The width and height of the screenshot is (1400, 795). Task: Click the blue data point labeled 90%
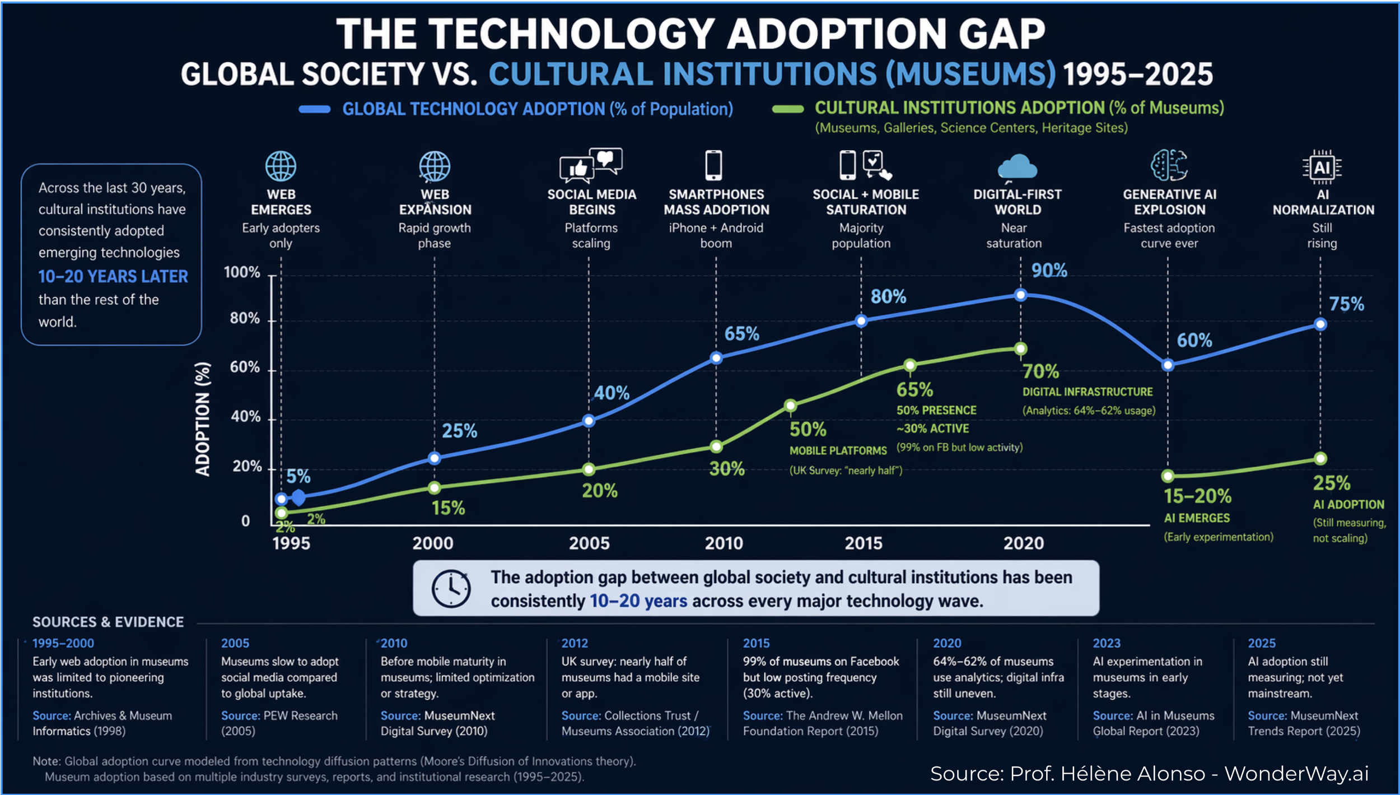pos(1020,295)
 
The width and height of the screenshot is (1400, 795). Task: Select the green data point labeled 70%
pos(1020,349)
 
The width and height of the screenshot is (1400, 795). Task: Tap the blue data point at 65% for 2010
pos(716,358)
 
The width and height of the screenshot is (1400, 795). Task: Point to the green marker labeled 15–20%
pos(1168,476)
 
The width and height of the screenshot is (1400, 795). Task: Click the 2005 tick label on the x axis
pos(589,543)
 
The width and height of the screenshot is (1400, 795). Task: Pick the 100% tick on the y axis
pos(242,272)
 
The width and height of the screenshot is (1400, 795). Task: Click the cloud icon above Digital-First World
pos(1017,167)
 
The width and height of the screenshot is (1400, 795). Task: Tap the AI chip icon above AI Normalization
pos(1322,167)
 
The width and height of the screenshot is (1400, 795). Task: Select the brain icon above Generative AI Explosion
pos(1169,165)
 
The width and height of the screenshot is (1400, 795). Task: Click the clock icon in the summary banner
pos(451,588)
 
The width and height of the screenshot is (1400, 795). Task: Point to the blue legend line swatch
pos(315,109)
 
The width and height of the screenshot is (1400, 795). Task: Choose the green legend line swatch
pos(788,109)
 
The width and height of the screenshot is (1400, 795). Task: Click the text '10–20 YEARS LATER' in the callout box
pos(113,276)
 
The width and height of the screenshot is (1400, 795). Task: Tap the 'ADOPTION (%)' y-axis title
pos(203,419)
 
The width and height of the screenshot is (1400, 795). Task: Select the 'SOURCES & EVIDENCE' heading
pos(108,622)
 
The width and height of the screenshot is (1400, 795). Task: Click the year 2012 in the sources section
pos(575,643)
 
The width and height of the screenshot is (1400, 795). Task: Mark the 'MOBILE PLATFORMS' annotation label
pos(838,450)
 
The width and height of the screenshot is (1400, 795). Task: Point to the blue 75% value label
pos(1346,304)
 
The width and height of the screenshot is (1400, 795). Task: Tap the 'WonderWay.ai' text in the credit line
pos(1296,773)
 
